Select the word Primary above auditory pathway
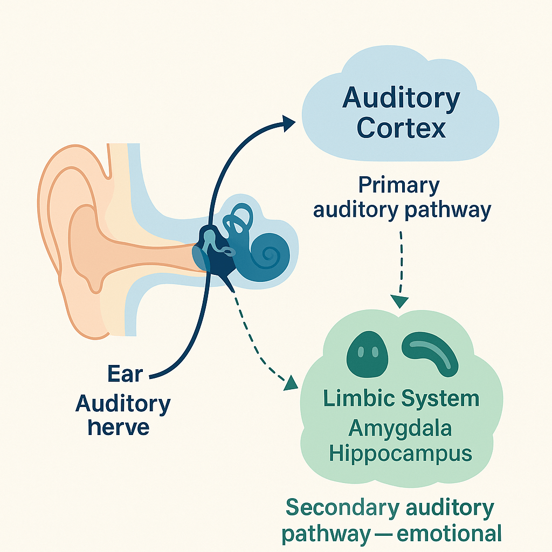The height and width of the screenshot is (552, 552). pos(399,186)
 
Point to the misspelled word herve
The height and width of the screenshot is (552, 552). pos(118,427)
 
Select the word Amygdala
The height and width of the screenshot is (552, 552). pos(400,428)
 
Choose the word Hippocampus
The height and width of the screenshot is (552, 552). pos(400,454)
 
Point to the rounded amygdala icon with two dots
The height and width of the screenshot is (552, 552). pos(367,351)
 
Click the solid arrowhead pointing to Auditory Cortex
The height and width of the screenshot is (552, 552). pos(288,123)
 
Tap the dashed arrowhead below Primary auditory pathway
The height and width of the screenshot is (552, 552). pos(400,301)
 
